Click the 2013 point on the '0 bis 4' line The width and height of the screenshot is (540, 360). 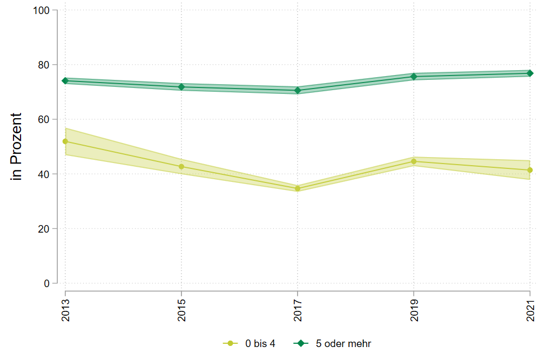(x=65, y=141)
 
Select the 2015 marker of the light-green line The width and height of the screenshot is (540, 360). (x=181, y=167)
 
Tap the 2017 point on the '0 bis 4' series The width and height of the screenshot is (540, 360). (x=298, y=188)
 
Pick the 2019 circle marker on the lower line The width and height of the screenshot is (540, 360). (x=414, y=161)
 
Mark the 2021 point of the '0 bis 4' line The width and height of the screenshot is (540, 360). (x=530, y=170)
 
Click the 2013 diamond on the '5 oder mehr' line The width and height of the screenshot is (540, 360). (x=65, y=81)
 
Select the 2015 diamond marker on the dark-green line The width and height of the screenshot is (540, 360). (x=181, y=87)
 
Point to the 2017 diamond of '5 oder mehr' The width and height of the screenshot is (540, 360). (x=298, y=90)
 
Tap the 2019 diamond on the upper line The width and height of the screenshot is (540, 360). (x=414, y=77)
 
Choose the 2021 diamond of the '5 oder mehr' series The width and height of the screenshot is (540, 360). (x=530, y=73)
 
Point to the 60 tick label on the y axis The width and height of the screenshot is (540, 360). (x=44, y=119)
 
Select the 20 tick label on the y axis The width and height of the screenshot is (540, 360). (x=44, y=229)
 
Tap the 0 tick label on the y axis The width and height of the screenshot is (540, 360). (x=46, y=283)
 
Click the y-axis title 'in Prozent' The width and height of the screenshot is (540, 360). (x=17, y=147)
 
